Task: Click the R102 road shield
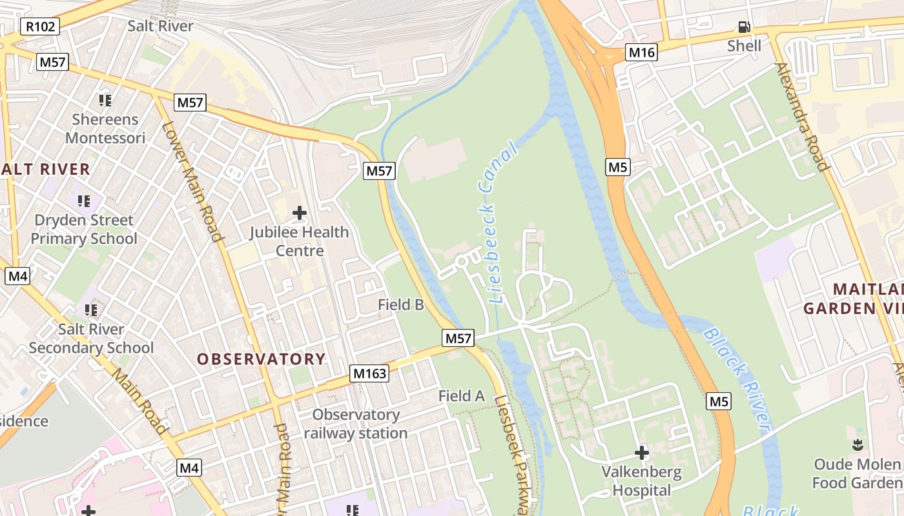point(40,26)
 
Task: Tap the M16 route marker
point(641,53)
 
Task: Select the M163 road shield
point(370,373)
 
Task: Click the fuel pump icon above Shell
point(745,27)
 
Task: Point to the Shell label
point(745,46)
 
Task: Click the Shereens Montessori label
point(105,128)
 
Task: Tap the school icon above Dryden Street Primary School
point(84,201)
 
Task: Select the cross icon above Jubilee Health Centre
point(299,212)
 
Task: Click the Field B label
point(401,304)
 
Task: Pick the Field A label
point(462,396)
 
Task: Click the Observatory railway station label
point(356,424)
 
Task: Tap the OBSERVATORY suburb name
point(262,359)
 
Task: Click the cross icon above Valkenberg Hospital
point(641,453)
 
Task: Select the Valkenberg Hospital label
point(641,481)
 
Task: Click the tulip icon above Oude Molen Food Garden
point(858,444)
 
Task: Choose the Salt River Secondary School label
point(91,339)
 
